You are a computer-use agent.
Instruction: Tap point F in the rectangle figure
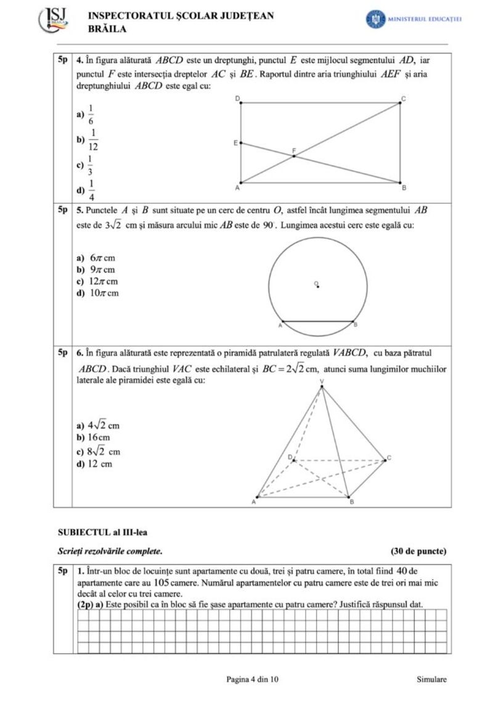click(294, 156)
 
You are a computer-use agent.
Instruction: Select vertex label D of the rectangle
click(237, 99)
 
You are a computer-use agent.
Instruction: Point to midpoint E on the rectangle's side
click(240, 143)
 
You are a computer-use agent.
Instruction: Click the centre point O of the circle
click(317, 285)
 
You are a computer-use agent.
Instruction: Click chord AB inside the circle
click(317, 321)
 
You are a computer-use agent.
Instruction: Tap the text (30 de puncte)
click(418, 550)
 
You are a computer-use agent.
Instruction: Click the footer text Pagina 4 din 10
click(253, 679)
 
